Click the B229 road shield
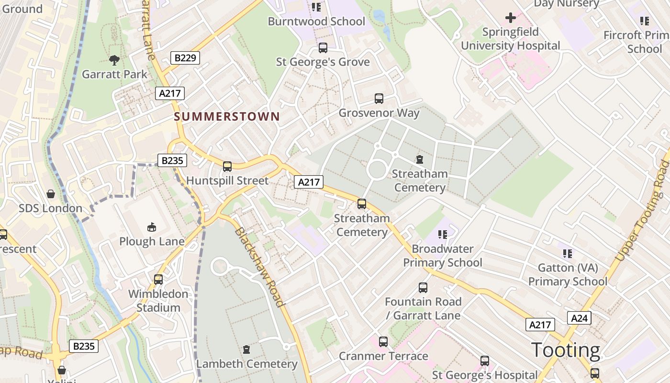click(185, 58)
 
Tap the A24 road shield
click(579, 318)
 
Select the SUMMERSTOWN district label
click(227, 116)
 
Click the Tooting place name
click(565, 350)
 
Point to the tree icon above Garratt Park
click(114, 60)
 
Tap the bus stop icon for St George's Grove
click(323, 48)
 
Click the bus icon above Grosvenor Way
click(379, 99)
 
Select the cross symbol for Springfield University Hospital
click(511, 18)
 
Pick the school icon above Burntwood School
click(316, 7)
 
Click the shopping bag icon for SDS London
click(51, 194)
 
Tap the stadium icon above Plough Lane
click(152, 227)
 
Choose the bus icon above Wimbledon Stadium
click(158, 279)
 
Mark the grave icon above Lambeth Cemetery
click(246, 349)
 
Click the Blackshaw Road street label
click(258, 267)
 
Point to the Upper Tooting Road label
click(642, 211)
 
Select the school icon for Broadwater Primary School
click(443, 235)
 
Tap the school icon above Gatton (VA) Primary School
click(568, 254)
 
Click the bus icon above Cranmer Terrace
click(383, 342)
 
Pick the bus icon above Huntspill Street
click(227, 167)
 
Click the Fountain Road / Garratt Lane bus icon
click(423, 288)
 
